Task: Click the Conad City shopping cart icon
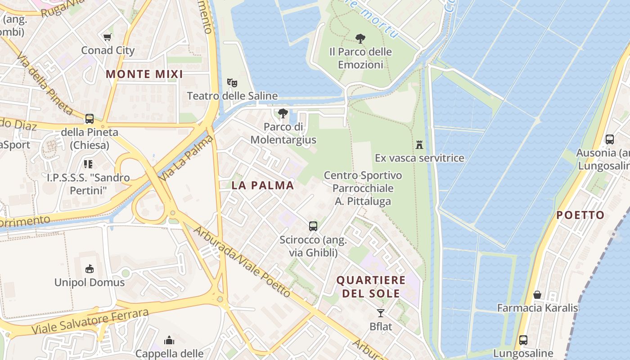click(x=107, y=37)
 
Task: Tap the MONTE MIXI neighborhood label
click(x=144, y=74)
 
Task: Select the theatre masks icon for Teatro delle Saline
click(x=232, y=83)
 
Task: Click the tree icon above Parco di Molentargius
click(x=283, y=113)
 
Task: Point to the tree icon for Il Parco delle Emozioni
click(x=360, y=39)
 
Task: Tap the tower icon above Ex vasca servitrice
click(x=419, y=145)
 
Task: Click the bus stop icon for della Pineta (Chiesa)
click(x=90, y=119)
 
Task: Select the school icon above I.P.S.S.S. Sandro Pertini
click(x=88, y=164)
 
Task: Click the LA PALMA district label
click(x=263, y=185)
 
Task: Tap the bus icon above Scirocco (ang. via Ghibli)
click(x=313, y=226)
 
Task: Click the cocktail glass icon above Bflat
click(x=381, y=313)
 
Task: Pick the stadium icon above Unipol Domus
click(x=90, y=269)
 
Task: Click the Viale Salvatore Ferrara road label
click(x=90, y=322)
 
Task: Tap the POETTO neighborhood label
click(x=580, y=215)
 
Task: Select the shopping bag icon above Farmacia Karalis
click(x=537, y=295)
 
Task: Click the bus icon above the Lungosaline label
click(x=523, y=340)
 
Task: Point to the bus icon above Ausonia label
click(x=610, y=139)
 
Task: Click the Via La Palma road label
click(x=185, y=158)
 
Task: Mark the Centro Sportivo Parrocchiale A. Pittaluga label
click(x=363, y=188)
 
